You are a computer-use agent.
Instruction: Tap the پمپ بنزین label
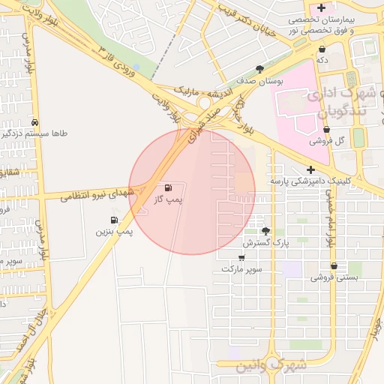pos(114,232)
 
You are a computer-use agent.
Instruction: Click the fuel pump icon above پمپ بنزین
pos(114,220)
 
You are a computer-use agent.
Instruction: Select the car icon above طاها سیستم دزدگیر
pos(35,122)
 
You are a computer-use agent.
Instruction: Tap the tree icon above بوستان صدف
pos(259,68)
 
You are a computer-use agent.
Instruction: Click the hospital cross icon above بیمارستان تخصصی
pos(321,7)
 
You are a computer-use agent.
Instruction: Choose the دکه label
pos(321,59)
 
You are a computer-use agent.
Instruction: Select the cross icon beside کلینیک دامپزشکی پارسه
pos(310,169)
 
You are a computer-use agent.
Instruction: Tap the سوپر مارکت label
pos(241,268)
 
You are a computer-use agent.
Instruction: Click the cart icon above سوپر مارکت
pos(241,257)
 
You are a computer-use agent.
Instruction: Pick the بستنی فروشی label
pos(333,277)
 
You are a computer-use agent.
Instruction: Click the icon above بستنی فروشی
pos(333,266)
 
